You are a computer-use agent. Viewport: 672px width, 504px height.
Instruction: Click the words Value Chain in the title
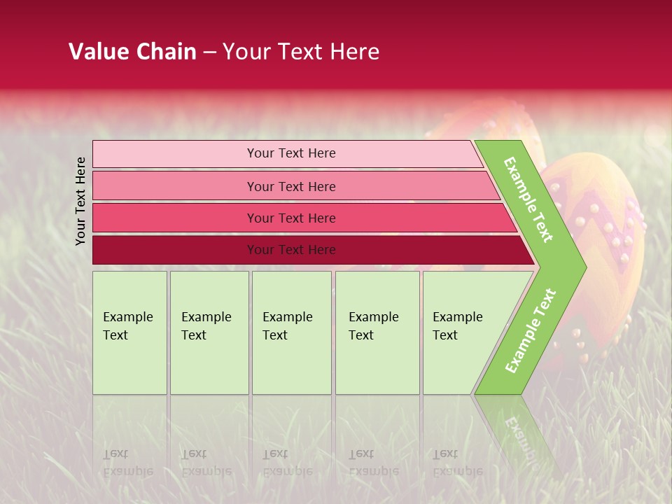132,52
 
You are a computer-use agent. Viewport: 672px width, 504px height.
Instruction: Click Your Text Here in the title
301,52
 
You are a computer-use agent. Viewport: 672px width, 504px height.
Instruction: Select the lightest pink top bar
175,154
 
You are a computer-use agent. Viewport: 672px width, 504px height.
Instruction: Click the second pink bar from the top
175,186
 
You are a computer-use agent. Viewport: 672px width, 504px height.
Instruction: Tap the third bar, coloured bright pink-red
175,218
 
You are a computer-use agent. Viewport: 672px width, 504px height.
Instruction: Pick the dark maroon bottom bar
175,250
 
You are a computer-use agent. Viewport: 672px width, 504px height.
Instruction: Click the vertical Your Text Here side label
81,201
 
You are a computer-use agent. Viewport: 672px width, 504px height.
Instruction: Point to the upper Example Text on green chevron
528,199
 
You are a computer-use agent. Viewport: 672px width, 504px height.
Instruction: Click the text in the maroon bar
291,250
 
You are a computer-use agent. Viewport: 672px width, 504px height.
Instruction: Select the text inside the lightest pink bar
291,153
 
